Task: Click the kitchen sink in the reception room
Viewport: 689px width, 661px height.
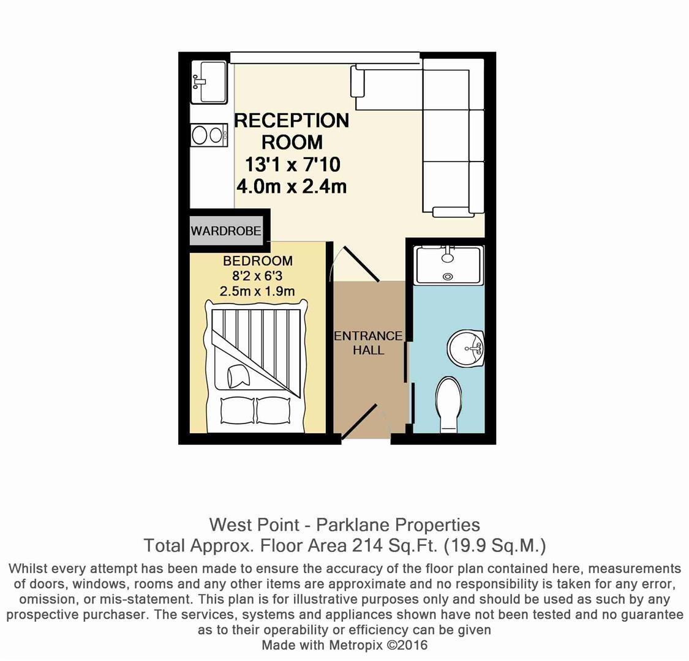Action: pos(209,82)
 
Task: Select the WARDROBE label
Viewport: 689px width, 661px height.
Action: pos(226,231)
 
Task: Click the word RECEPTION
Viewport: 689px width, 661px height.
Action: pos(292,121)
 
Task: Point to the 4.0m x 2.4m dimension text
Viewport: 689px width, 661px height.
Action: pos(291,186)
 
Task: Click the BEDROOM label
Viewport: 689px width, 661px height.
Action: pos(257,261)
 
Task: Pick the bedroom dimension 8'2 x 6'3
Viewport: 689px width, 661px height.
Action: pos(257,276)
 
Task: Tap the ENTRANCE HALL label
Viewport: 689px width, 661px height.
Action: pos(368,343)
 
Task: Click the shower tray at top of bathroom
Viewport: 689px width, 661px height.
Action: pos(449,265)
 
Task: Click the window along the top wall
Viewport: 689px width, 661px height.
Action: pos(325,58)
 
